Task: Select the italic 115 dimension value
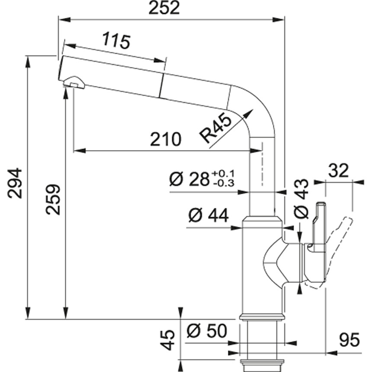pos(116,41)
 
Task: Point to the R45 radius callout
pos(215,129)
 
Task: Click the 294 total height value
pos(16,183)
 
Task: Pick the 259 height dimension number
pos(54,199)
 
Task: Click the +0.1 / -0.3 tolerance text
pos(224,179)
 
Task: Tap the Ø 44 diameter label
pos(208,215)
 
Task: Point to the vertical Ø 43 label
pos(301,199)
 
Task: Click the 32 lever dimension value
pos(338,171)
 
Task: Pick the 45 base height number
pos(169,340)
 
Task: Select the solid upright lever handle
pos(318,225)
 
